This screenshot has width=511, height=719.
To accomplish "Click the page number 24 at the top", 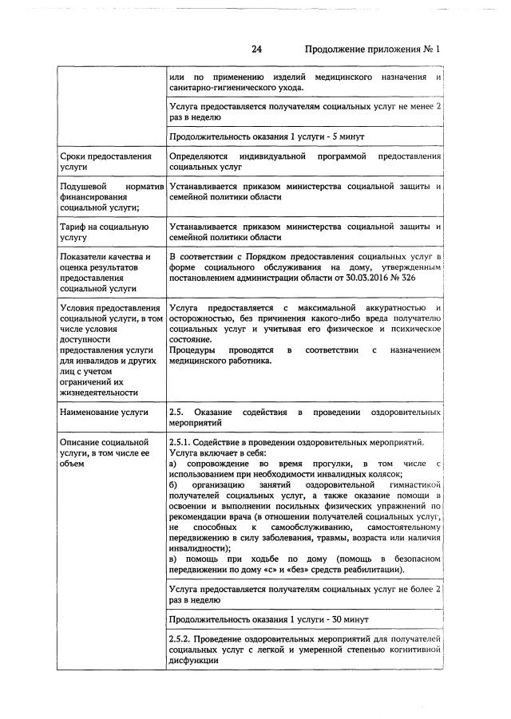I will click(256, 49).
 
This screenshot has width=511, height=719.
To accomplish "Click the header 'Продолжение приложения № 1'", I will click(373, 49).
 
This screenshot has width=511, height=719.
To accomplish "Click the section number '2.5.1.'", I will click(182, 441).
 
